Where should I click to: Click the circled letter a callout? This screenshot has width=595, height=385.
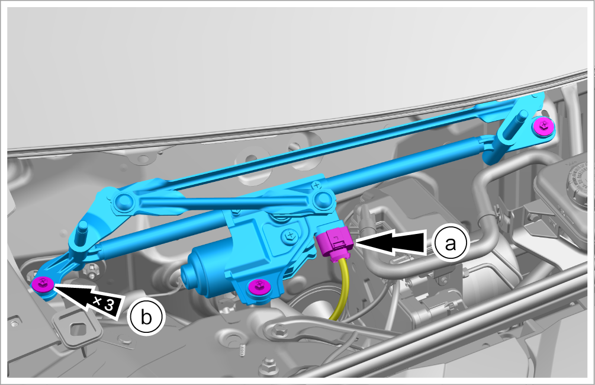pos(451,243)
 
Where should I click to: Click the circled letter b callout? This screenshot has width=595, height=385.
pos(146,317)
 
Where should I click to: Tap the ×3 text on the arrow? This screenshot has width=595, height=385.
pos(104,303)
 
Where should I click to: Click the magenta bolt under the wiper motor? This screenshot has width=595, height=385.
pos(258,286)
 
